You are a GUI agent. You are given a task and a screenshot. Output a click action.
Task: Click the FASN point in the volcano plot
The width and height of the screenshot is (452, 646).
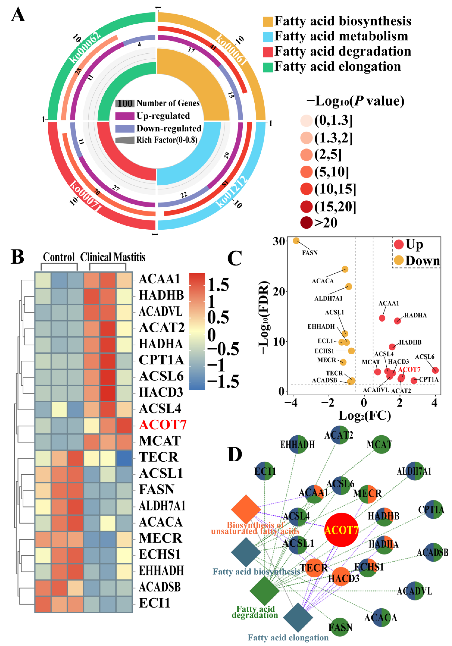[x=296, y=241]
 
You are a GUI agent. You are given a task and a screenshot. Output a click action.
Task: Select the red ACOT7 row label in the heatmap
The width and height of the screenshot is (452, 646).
[x=162, y=425]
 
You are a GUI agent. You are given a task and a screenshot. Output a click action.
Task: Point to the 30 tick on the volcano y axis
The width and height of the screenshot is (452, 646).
[x=279, y=241]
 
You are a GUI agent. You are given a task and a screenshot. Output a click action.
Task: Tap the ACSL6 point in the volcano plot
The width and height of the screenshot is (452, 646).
[x=435, y=370]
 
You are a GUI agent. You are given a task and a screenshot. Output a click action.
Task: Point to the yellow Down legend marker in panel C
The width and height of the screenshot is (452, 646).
[x=399, y=260]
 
